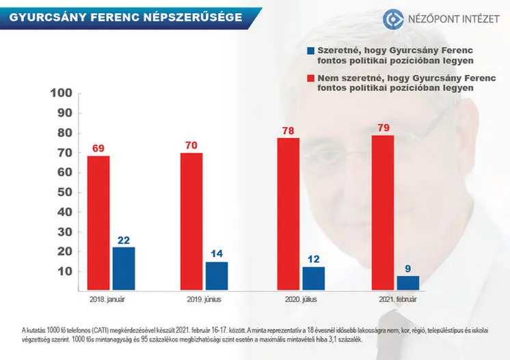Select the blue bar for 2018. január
(123, 269)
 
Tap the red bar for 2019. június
(191, 222)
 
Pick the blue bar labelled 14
(217, 277)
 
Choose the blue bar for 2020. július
(313, 279)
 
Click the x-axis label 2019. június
(204, 300)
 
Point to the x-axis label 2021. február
(396, 300)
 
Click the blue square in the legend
(311, 51)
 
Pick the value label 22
(123, 240)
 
